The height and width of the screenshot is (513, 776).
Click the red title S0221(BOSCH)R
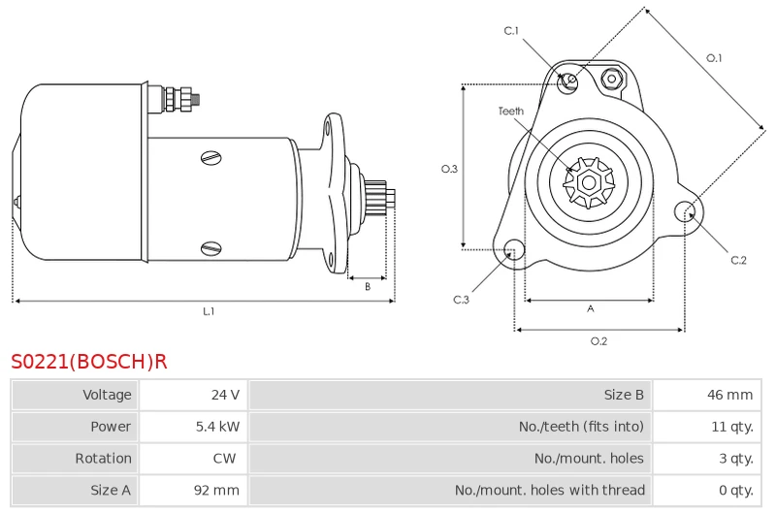89,362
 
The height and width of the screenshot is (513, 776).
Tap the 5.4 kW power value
217,427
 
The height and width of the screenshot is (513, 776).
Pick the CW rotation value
224,458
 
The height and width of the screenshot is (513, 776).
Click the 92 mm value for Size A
216,491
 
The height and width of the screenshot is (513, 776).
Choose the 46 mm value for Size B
730,395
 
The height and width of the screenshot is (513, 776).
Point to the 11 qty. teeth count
732,427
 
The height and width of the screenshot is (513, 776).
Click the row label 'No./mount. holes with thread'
550,491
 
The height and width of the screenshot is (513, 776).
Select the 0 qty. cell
736,491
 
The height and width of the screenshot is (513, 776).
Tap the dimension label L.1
209,311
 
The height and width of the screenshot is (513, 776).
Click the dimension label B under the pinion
368,286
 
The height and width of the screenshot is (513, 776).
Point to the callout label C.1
511,31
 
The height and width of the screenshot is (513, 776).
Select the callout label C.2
738,260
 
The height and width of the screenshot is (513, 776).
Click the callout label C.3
461,300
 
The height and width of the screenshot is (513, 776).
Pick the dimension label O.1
714,58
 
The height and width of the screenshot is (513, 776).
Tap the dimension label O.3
449,169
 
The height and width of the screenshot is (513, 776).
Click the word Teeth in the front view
511,112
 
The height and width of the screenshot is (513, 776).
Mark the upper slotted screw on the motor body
211,158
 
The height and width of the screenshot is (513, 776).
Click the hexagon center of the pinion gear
589,182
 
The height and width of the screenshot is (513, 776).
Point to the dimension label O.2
598,340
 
